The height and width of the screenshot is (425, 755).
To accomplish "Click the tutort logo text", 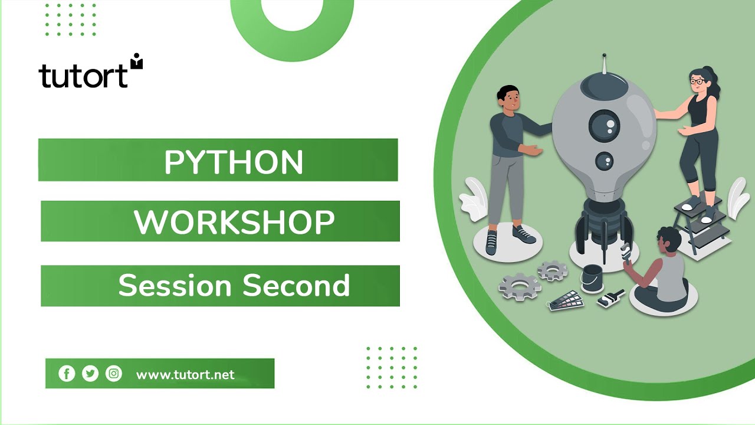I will [x=84, y=76].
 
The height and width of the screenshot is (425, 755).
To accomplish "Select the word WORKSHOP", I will [x=234, y=223].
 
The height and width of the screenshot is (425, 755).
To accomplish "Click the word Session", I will [x=175, y=286].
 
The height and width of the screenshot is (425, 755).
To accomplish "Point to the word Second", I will [x=297, y=286].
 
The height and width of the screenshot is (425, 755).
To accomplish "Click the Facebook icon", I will [x=67, y=374].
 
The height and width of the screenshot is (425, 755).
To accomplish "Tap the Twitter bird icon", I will [x=90, y=374].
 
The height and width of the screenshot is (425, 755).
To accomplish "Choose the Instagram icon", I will [x=114, y=374].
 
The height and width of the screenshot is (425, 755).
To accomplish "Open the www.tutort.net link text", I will [x=185, y=375].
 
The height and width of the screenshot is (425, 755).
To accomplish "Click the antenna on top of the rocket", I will [x=603, y=65].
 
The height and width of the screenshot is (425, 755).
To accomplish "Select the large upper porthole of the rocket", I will [x=604, y=126].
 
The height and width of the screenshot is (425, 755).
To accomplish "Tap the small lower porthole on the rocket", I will [x=604, y=161].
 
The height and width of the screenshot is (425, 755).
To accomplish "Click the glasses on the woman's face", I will [x=698, y=81].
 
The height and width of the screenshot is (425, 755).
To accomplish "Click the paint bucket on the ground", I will [x=592, y=277].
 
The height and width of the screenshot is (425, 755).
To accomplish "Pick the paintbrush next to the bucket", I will [x=610, y=298].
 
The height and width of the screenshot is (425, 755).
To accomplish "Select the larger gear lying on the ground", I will [x=520, y=286].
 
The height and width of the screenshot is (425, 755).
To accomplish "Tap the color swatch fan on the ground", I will [x=565, y=301].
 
